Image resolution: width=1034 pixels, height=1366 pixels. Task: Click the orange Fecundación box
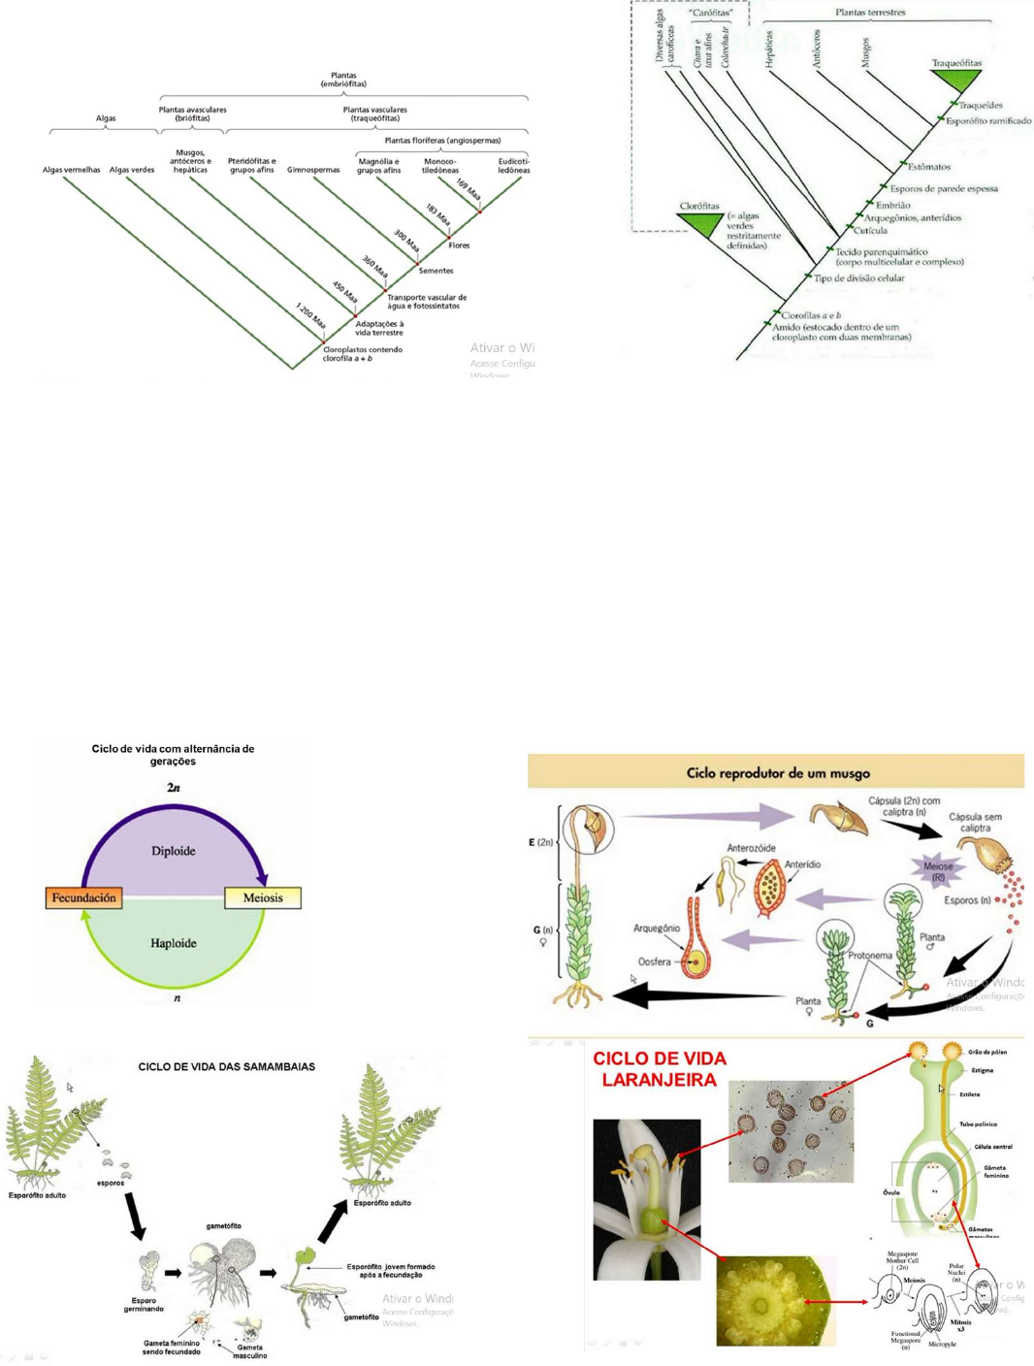[83, 898]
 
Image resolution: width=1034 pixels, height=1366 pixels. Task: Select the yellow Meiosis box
[263, 898]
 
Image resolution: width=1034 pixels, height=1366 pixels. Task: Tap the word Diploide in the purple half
[174, 851]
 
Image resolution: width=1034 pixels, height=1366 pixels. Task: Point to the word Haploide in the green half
[174, 943]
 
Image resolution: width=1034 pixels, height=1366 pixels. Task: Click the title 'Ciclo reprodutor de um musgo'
[778, 773]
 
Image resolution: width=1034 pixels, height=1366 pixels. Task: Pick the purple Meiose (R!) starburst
[937, 870]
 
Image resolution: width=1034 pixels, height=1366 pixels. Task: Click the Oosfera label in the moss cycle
[655, 961]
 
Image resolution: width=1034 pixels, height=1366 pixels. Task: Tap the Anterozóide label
[751, 848]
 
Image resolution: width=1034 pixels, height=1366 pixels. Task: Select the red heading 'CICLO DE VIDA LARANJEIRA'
[660, 1069]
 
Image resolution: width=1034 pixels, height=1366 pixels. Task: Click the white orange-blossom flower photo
[647, 1199]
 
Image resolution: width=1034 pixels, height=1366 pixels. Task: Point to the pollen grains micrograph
[791, 1131]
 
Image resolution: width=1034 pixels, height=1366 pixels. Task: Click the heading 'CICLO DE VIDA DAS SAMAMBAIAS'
[226, 1066]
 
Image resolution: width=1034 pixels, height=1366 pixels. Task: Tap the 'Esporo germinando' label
[144, 1305]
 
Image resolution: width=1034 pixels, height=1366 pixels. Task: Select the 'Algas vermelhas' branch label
[71, 170]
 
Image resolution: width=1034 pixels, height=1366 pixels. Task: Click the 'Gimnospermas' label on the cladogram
[313, 170]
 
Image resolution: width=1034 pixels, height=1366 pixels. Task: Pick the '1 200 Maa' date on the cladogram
[310, 314]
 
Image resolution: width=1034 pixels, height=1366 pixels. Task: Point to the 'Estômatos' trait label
[929, 167]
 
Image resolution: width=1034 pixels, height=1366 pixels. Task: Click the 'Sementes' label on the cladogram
[436, 271]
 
